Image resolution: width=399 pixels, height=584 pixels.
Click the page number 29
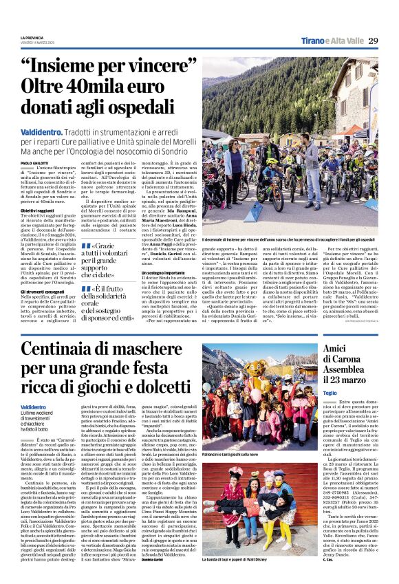coord(374,40)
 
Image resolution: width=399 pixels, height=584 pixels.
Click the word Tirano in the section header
coord(308,41)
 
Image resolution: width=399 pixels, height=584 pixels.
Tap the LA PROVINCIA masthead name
coord(32,37)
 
